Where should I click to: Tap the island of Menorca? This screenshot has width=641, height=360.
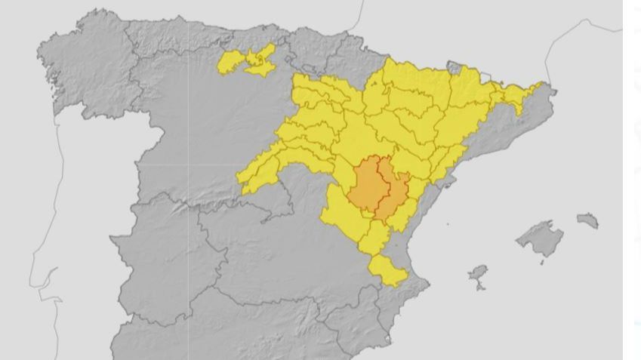tap(588, 220)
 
